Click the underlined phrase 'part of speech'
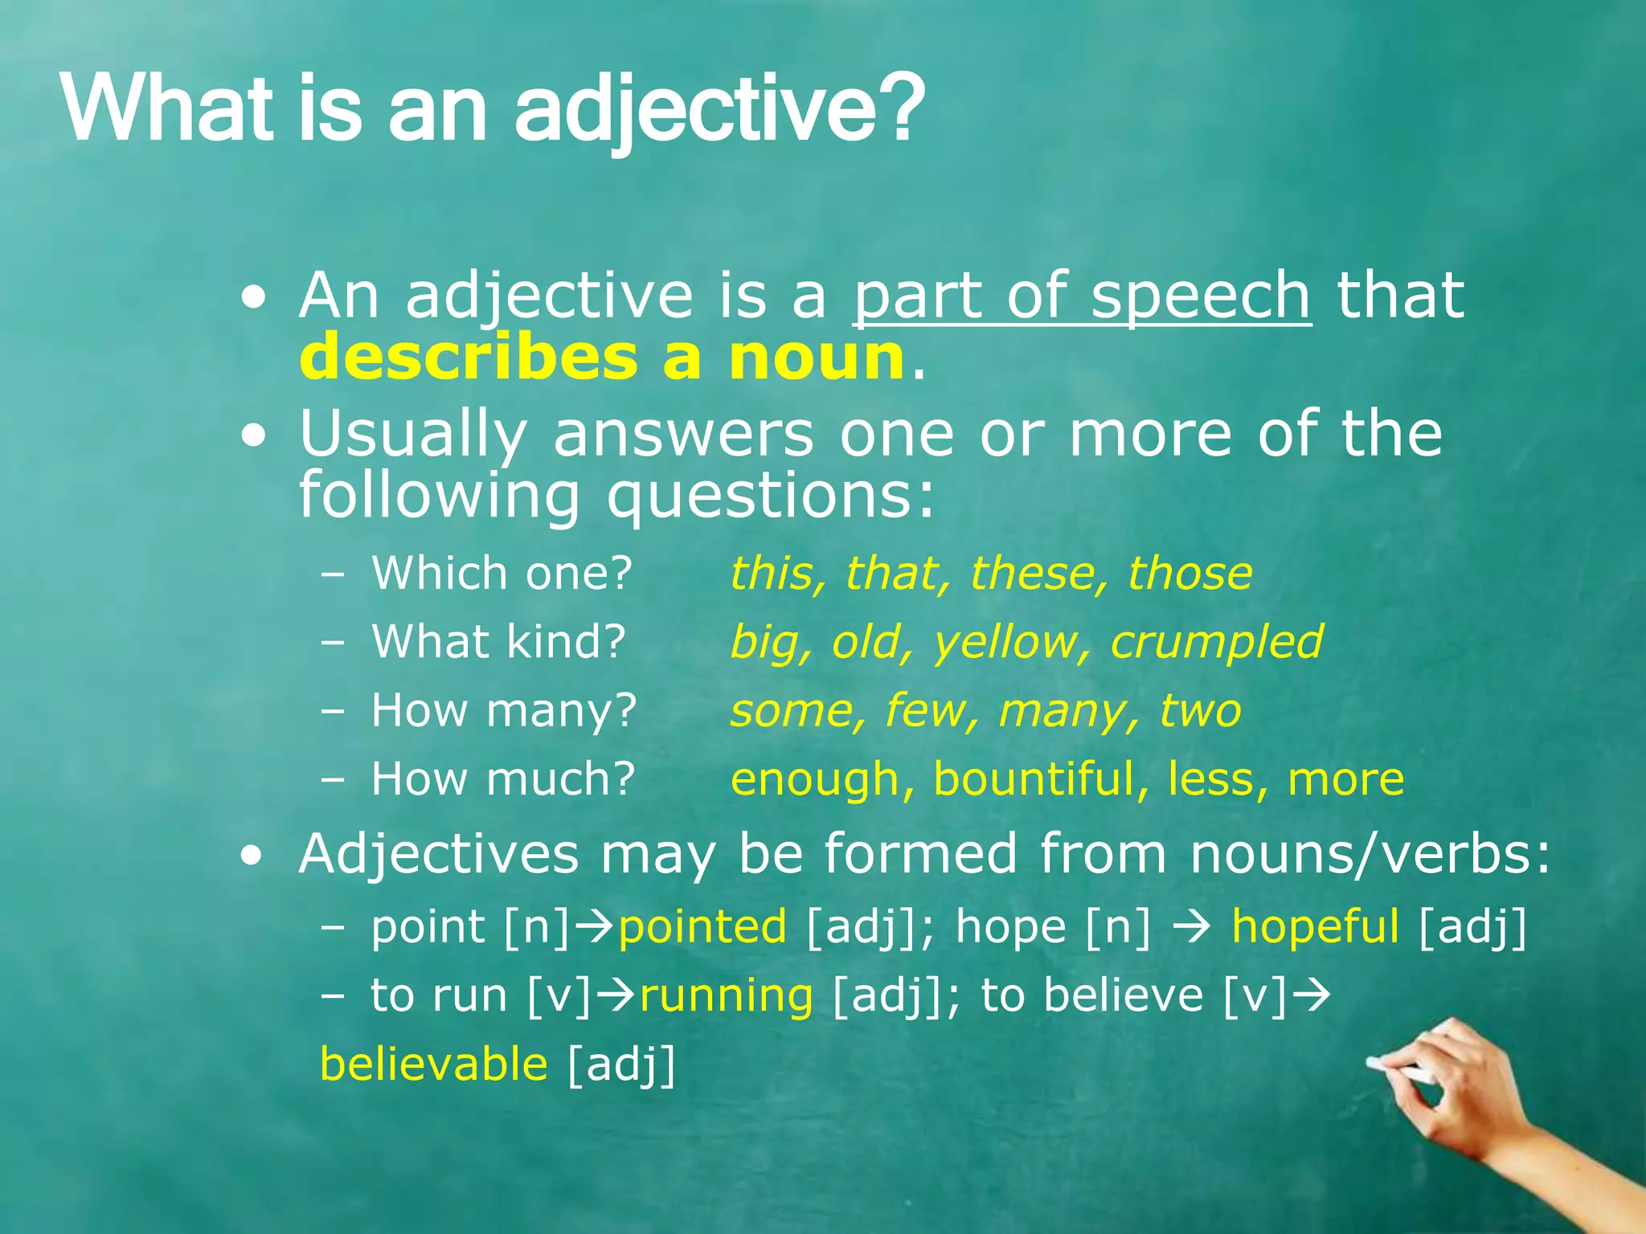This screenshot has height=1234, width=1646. [1082, 296]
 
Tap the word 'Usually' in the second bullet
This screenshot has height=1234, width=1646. [412, 435]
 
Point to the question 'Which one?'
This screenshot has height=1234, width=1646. [502, 574]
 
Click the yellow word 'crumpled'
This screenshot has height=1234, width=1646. [1216, 643]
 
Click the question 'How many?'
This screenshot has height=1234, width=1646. [504, 711]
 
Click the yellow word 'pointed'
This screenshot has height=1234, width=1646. [702, 926]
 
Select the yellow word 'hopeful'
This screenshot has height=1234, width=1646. [1315, 926]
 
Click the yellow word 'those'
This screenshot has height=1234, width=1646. [1189, 574]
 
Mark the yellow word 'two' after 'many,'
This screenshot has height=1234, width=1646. [1200, 711]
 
